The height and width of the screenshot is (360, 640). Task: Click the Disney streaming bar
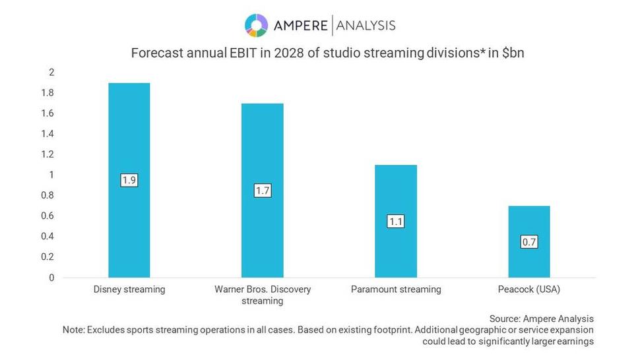(x=129, y=132)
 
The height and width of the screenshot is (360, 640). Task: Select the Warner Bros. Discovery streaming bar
(x=262, y=145)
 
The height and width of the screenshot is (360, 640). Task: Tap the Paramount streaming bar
(x=395, y=191)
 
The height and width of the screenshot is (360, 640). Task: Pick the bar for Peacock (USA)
(x=528, y=218)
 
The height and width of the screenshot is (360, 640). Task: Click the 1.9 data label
(x=129, y=180)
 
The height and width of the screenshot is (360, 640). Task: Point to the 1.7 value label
(x=262, y=191)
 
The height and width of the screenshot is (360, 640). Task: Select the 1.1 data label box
(x=395, y=222)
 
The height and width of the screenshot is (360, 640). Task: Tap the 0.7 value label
(x=528, y=242)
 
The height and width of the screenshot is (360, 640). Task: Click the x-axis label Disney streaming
(x=129, y=289)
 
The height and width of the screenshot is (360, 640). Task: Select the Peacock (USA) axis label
(x=528, y=289)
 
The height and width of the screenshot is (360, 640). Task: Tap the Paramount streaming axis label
(x=395, y=289)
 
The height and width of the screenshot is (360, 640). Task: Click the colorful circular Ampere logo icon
(x=256, y=25)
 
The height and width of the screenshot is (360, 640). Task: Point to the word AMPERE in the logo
(x=301, y=26)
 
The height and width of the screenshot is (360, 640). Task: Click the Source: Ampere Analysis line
(x=541, y=318)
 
